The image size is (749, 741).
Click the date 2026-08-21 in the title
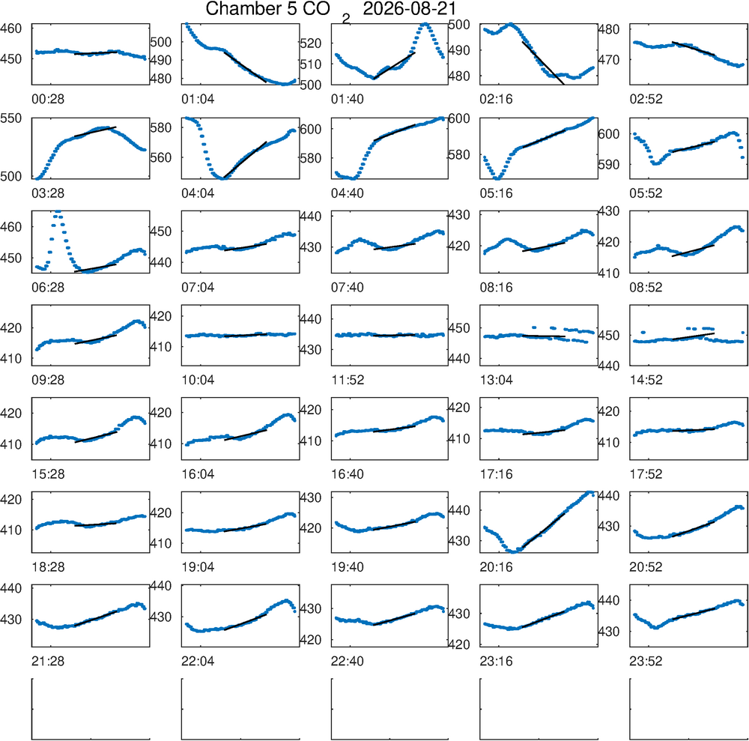point(410,8)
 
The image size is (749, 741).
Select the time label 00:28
point(48,100)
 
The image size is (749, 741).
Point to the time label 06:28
point(48,288)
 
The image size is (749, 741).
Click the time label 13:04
point(497,381)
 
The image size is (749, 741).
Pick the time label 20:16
point(497,567)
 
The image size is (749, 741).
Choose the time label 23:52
point(646,662)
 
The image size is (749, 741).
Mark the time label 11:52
point(348,381)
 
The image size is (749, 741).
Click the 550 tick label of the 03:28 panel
point(11,118)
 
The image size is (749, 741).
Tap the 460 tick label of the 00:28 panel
point(11,28)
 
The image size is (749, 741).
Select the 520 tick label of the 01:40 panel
point(311,43)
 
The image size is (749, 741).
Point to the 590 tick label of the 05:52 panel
point(610,165)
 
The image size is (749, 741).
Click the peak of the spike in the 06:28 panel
point(58,211)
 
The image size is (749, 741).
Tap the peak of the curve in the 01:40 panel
point(425,24)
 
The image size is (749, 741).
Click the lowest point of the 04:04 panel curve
point(222,178)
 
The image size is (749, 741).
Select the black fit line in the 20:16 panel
point(544,530)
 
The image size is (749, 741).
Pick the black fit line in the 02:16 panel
point(543,63)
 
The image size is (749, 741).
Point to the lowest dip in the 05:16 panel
point(498,178)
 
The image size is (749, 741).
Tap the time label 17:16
point(497,474)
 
